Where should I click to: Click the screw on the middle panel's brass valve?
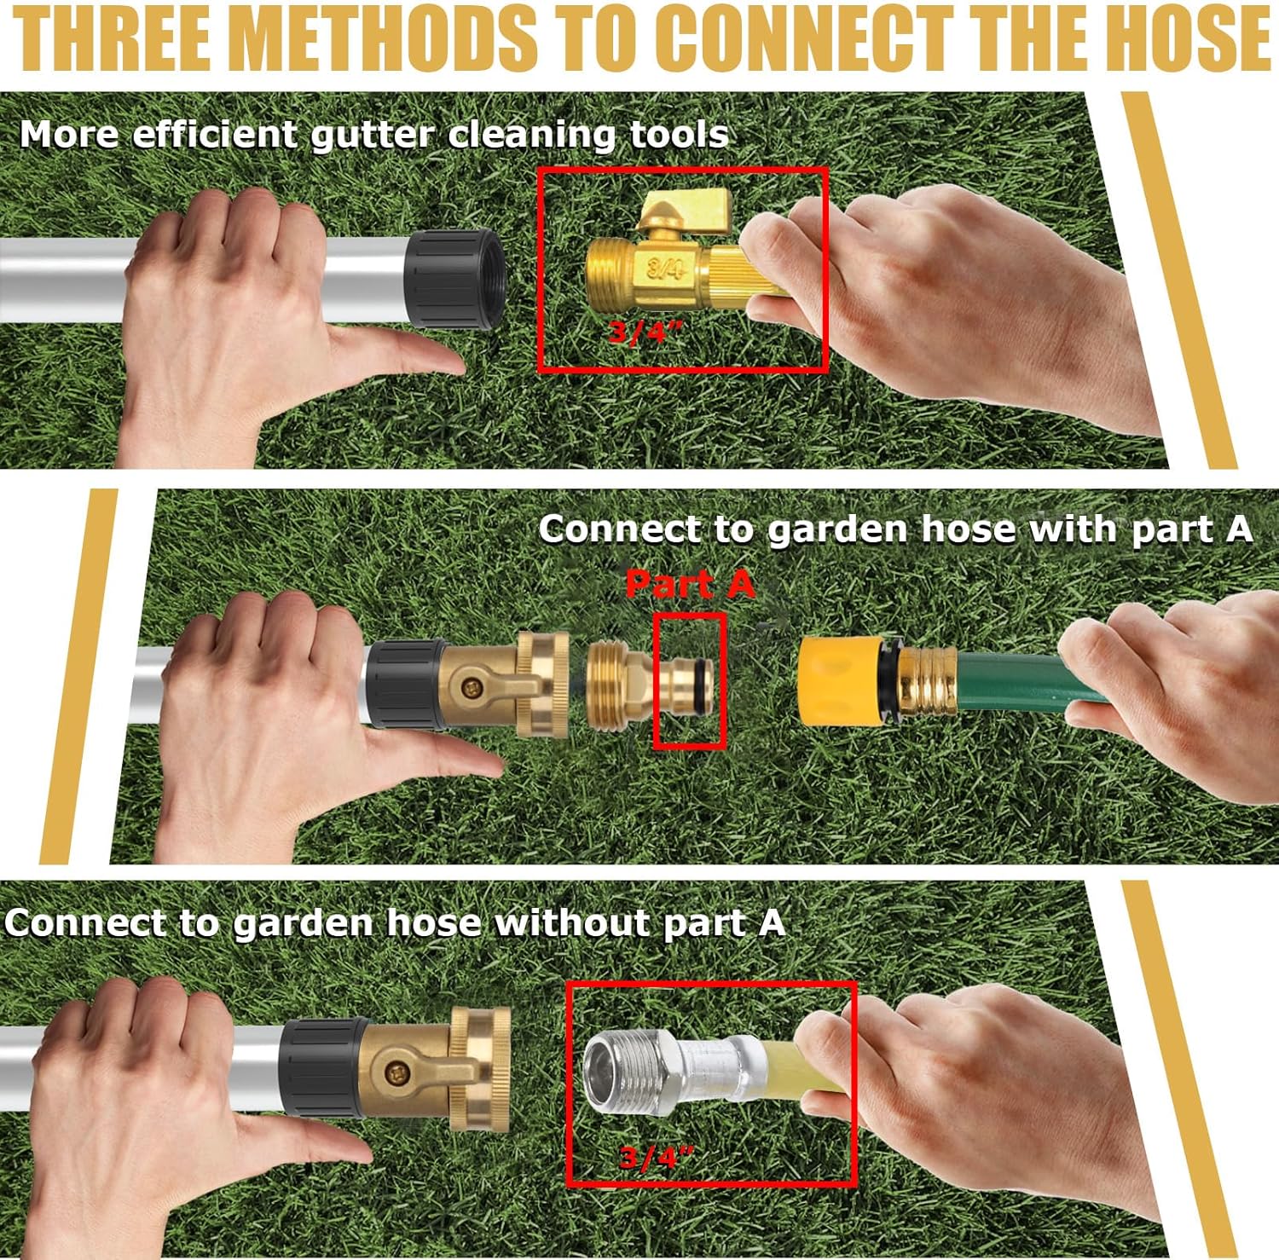(x=467, y=684)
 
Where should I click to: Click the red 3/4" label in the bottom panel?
(x=657, y=1158)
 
